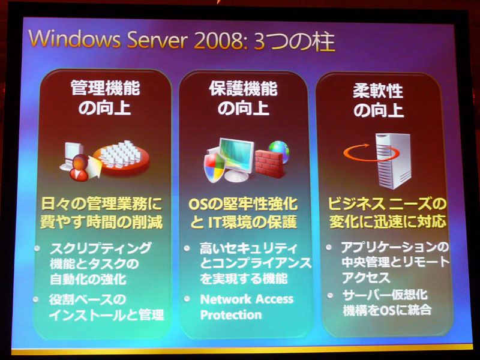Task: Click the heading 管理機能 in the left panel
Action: (105, 88)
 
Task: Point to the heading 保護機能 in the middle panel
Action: (244, 89)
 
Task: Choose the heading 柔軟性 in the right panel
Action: (378, 91)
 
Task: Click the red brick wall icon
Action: (269, 164)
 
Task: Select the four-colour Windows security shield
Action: (215, 167)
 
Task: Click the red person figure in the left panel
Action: (79, 168)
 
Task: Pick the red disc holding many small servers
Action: (121, 158)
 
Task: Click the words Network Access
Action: (247, 299)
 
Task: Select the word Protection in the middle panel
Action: (231, 314)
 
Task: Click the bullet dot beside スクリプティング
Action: (37, 248)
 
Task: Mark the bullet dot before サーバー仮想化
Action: (330, 295)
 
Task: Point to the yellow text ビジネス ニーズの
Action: (388, 203)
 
